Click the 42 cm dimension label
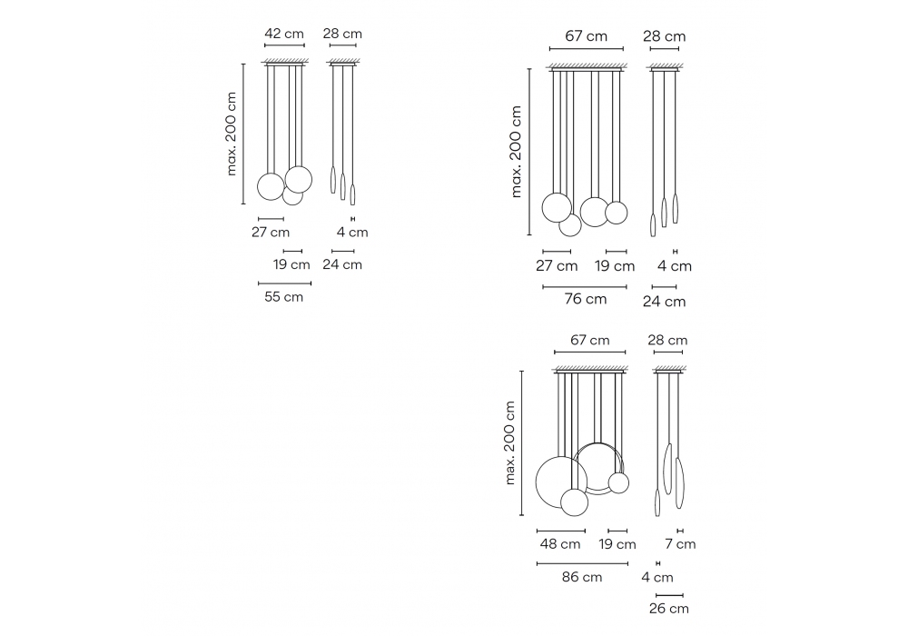click(283, 34)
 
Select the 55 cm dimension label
click(283, 297)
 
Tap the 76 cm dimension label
click(586, 299)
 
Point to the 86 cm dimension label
click(582, 577)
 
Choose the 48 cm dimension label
click(560, 544)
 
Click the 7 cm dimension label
click(680, 544)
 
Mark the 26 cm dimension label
click(669, 608)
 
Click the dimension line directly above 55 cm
click(284, 283)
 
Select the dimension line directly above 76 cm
click(585, 287)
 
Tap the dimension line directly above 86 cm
click(583, 563)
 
